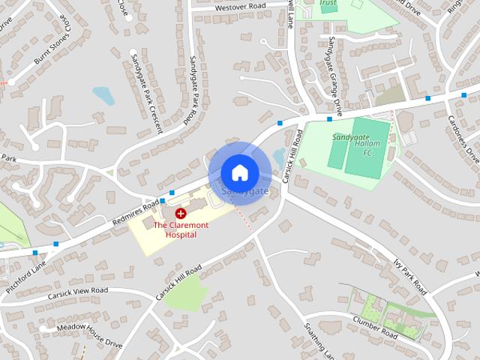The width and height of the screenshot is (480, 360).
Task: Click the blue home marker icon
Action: pos(239,172)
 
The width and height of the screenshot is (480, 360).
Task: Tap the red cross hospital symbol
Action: pos(181,214)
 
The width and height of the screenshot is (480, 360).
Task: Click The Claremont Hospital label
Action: pos(175,229)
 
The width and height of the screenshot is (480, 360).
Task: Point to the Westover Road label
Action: pos(240,6)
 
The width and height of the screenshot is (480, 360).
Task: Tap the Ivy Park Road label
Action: pos(409,276)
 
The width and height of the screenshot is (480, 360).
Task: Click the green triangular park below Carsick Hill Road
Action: pos(183,294)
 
